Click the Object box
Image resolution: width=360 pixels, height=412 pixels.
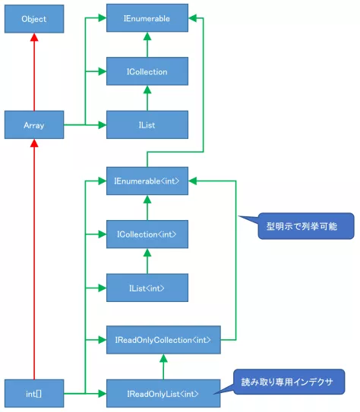[34, 19]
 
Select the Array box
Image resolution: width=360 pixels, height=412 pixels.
[34, 125]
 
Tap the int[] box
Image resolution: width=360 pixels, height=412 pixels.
[34, 394]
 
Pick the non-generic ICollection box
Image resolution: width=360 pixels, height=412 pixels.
[147, 71]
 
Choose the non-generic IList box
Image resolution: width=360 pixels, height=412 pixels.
[147, 125]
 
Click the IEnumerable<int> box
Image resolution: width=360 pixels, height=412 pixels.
[147, 181]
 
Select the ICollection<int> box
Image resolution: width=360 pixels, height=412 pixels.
[147, 234]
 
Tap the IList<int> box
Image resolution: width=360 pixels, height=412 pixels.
[147, 288]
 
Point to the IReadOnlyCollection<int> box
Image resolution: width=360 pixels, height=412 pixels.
[163, 340]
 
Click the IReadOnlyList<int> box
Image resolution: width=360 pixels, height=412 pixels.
[163, 394]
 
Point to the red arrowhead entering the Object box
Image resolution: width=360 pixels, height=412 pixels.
[34, 38]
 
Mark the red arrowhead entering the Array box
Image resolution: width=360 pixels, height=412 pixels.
[34, 145]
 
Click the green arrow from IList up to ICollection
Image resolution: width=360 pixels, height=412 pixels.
[147, 99]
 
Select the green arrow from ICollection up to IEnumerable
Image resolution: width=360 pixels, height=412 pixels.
[147, 45]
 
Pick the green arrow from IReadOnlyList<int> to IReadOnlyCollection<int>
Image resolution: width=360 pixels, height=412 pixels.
[163, 367]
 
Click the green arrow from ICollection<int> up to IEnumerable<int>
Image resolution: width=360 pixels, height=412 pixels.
[147, 208]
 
